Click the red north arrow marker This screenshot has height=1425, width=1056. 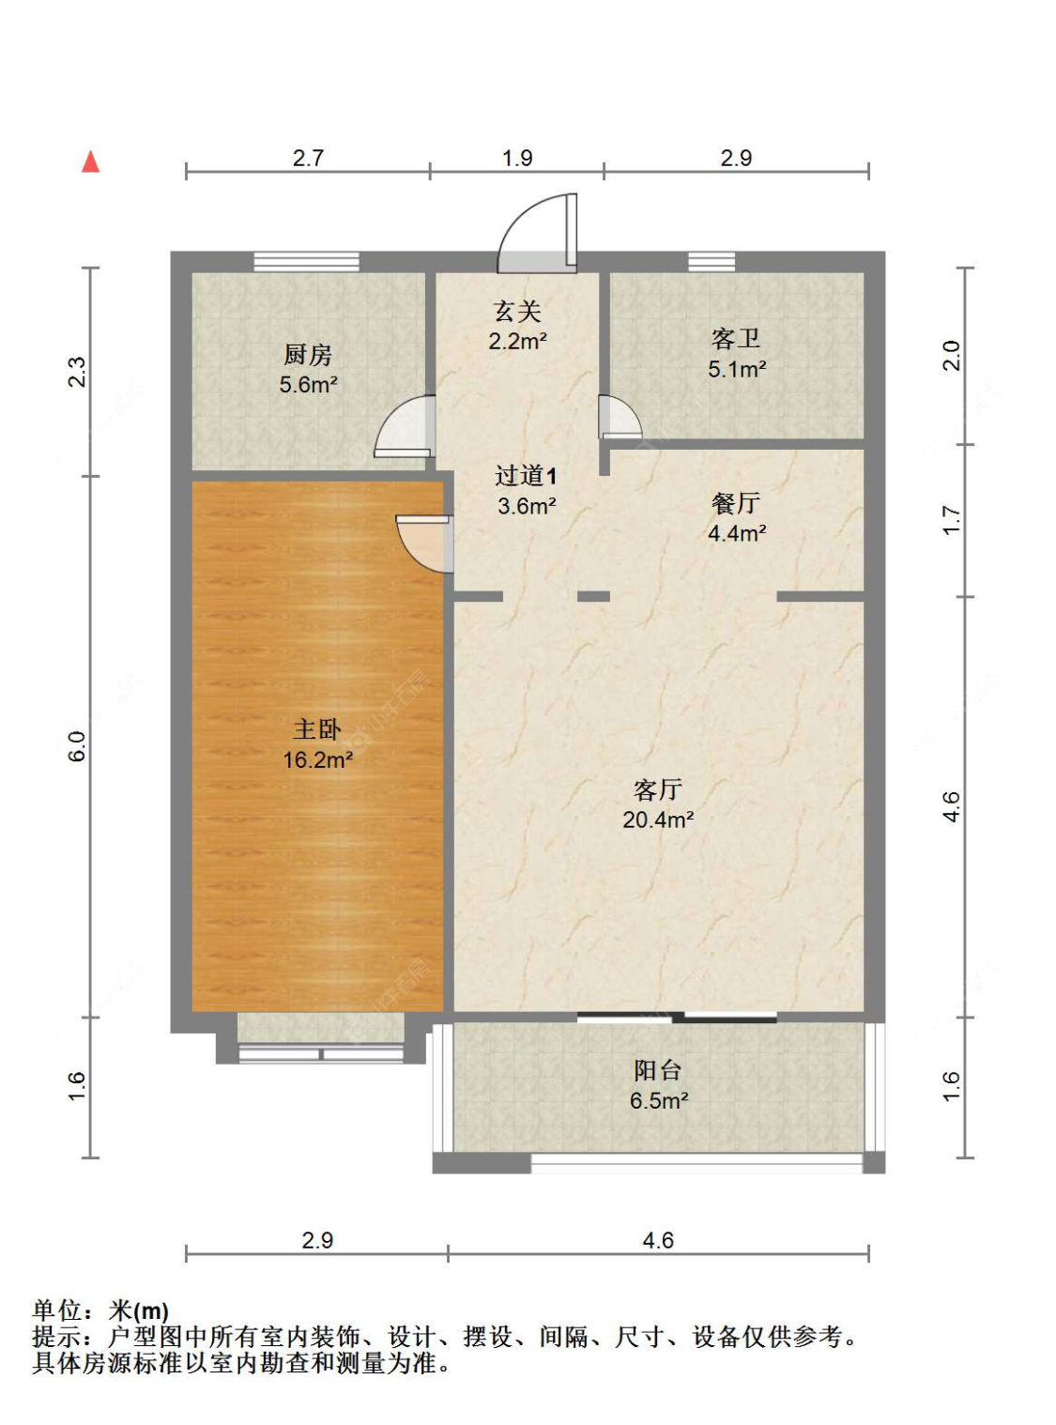click(x=90, y=161)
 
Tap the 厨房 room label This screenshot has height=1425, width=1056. click(x=308, y=355)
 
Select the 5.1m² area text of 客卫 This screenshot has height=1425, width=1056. click(x=737, y=370)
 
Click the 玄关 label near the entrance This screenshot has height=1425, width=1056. click(x=517, y=312)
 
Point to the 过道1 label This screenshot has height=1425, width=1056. click(x=526, y=476)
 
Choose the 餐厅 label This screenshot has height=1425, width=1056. click(x=736, y=504)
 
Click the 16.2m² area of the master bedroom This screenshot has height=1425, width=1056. click(x=317, y=760)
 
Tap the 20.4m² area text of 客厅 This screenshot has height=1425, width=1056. click(x=658, y=820)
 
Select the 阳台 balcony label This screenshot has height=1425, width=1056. click(x=657, y=1070)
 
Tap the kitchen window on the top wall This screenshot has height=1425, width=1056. click(x=306, y=261)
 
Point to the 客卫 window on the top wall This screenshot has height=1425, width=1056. click(x=712, y=261)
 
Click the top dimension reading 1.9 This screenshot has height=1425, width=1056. click(x=517, y=158)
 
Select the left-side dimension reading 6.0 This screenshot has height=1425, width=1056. click(x=77, y=746)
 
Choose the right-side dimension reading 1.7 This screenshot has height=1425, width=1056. click(x=951, y=520)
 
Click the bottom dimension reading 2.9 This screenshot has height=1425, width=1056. click(x=317, y=1240)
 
